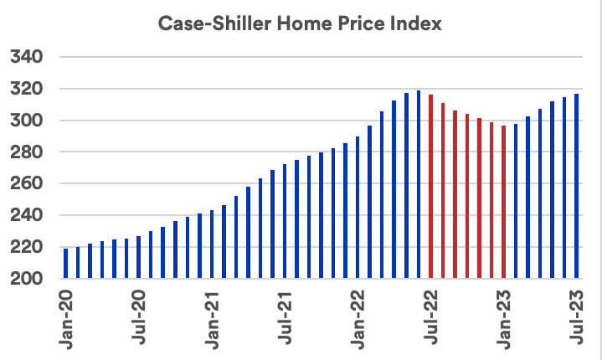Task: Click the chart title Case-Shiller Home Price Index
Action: point(300,24)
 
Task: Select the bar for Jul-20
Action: point(138,257)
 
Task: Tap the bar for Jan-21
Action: point(212,244)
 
